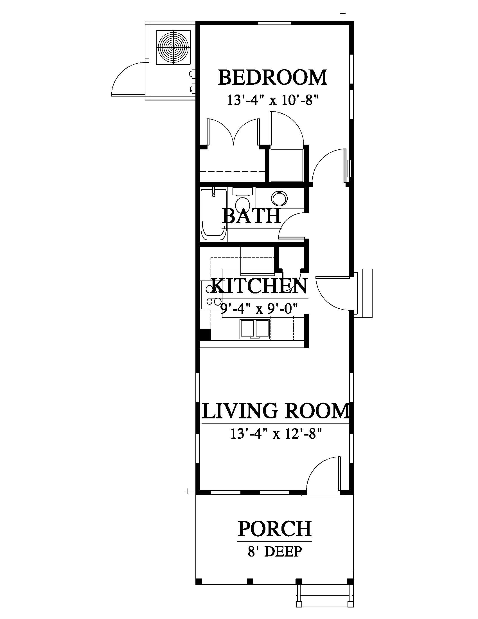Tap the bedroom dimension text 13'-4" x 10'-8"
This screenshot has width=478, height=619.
pos(273,100)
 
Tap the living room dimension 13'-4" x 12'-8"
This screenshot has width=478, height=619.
pos(276,433)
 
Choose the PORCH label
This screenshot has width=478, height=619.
pos(275,528)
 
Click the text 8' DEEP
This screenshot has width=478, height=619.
pos(275,551)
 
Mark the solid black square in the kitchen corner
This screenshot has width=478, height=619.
pos(206,334)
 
